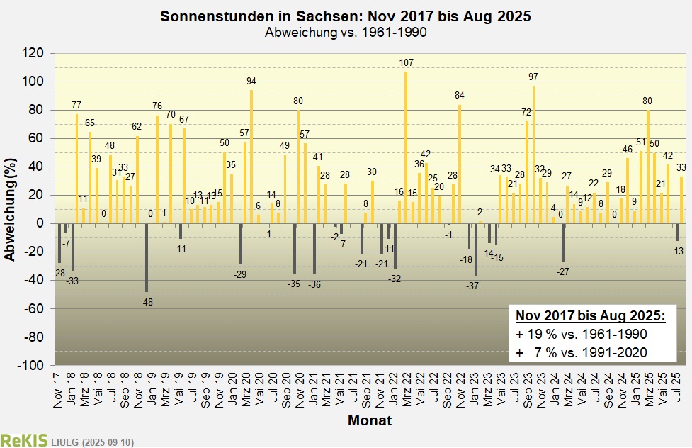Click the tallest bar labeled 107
406,150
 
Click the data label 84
460,96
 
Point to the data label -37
473,286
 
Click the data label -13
677,252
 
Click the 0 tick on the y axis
40,224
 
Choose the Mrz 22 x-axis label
406,389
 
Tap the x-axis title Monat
370,421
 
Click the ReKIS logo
23,440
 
